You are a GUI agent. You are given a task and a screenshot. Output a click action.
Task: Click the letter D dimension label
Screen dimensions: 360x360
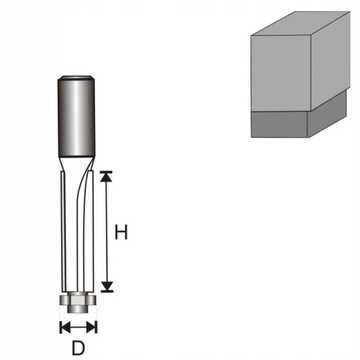click(x=76, y=350)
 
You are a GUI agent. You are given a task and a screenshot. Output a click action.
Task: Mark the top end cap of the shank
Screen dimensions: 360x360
click(x=76, y=79)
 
